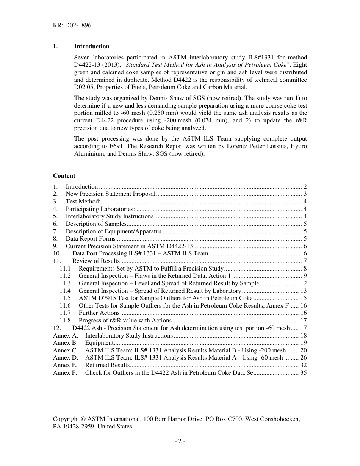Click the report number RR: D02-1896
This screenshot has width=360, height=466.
[x=72, y=26]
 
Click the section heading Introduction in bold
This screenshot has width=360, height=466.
[x=91, y=47]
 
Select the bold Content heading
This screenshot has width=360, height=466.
[x=64, y=175]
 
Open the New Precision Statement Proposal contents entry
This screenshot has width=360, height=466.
[x=111, y=194]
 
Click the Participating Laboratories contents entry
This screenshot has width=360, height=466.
[x=100, y=209]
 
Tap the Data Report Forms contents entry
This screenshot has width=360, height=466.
[x=91, y=239]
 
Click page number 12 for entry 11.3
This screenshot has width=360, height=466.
[x=303, y=283]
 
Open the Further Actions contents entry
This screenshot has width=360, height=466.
[x=99, y=313]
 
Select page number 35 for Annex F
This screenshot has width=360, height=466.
[x=303, y=373]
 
